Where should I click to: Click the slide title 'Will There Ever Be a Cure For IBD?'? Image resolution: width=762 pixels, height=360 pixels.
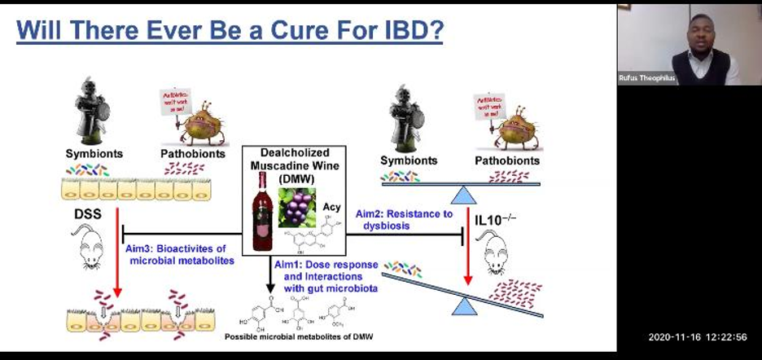pyautogui.click(x=230, y=33)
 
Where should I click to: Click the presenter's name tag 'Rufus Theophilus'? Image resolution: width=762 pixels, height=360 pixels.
pyautogui.click(x=647, y=78)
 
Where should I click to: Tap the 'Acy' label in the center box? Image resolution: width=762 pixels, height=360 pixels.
pyautogui.click(x=331, y=208)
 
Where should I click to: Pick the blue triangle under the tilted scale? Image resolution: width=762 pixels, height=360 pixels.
pyautogui.click(x=464, y=306)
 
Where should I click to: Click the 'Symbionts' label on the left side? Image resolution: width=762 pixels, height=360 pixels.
pyautogui.click(x=94, y=153)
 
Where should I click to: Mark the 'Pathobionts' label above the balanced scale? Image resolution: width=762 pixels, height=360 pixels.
pyautogui.click(x=507, y=160)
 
